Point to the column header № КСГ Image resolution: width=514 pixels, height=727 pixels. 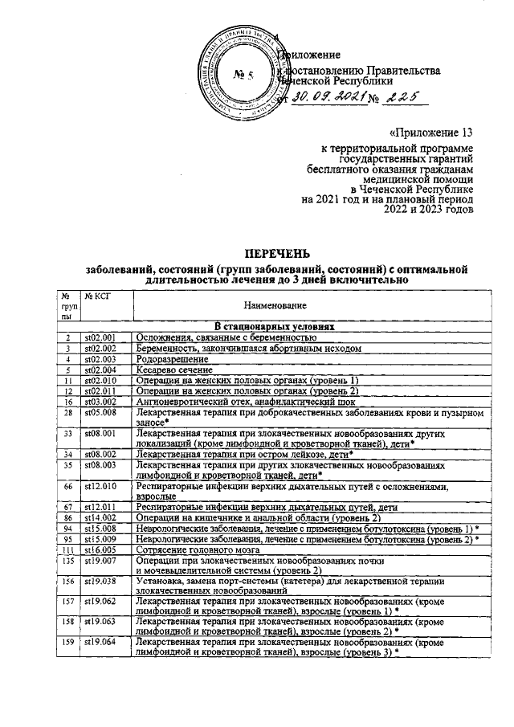(98, 296)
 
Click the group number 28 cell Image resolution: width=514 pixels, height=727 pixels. (70, 411)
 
